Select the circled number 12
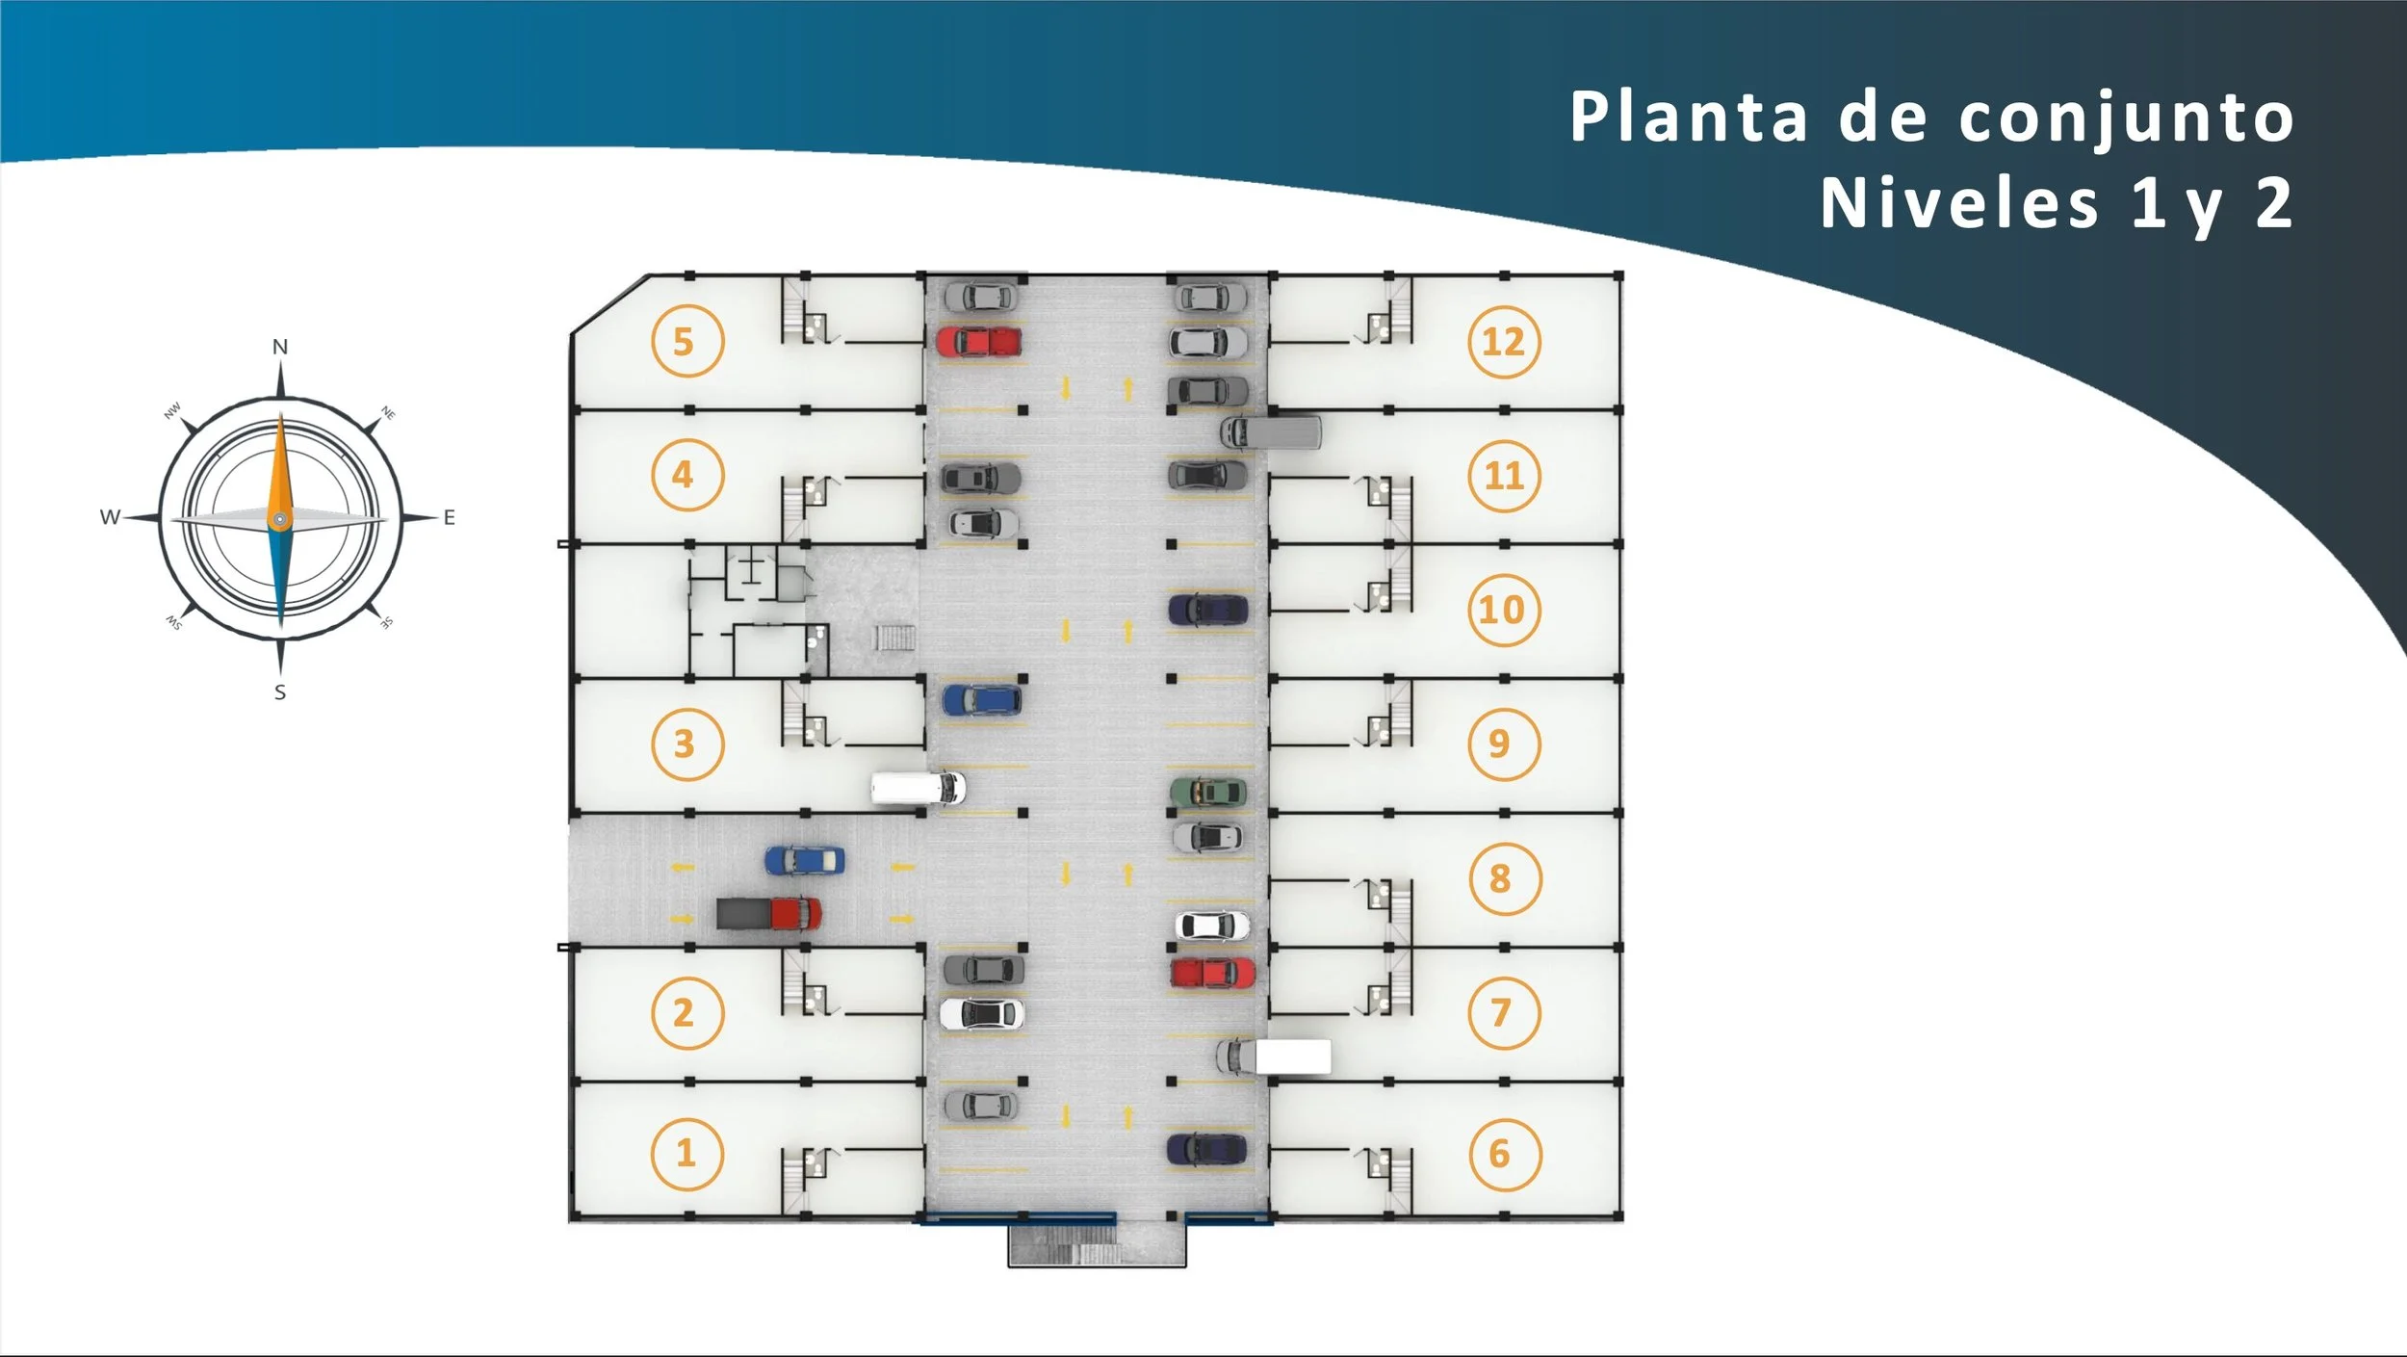[x=1504, y=341]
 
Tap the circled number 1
[x=686, y=1153]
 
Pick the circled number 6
[x=1504, y=1154]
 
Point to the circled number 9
[x=1503, y=744]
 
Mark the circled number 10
[x=1503, y=610]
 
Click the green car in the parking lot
[x=1208, y=792]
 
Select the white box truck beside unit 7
[x=1274, y=1057]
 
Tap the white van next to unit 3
[x=918, y=787]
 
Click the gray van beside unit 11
[x=1271, y=432]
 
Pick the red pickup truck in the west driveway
[x=769, y=913]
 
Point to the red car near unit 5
[x=978, y=341]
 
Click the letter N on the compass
[x=280, y=347]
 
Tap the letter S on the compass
[x=280, y=692]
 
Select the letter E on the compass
[x=449, y=518]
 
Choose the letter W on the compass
[x=110, y=517]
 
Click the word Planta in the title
[x=1689, y=117]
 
